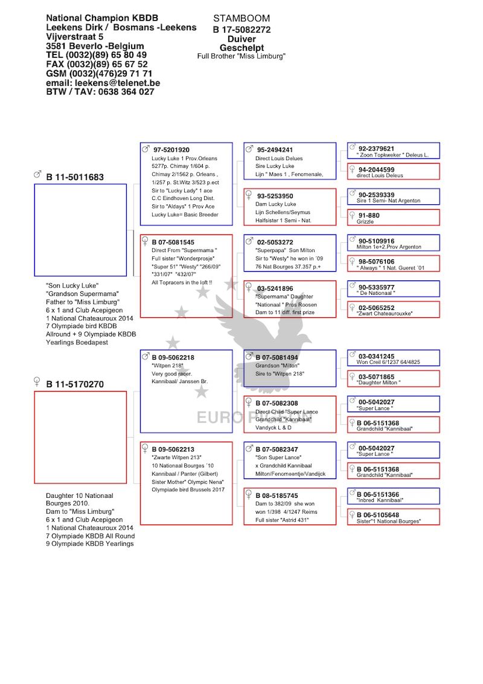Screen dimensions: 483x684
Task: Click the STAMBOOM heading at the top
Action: (241, 18)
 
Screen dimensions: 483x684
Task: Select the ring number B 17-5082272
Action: (241, 30)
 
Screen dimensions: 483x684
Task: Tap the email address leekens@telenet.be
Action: (117, 83)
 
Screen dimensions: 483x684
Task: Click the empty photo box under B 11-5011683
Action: (81, 230)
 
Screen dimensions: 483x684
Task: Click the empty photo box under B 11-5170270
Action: (81, 437)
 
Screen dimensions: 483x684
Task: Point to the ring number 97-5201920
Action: (171, 150)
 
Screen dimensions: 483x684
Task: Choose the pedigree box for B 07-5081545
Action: (186, 276)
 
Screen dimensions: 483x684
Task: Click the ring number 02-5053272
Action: (275, 242)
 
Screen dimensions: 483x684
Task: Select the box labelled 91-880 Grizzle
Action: (394, 218)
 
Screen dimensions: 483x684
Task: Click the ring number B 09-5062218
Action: (173, 357)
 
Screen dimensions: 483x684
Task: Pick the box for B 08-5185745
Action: (290, 506)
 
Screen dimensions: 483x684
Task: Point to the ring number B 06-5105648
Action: (378, 515)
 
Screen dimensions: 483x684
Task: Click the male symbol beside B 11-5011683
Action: (37, 175)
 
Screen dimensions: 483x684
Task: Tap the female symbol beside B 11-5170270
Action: (37, 382)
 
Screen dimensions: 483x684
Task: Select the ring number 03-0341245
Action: (376, 356)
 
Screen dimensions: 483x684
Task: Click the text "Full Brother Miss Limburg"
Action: (241, 56)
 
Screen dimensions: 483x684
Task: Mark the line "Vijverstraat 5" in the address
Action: (74, 37)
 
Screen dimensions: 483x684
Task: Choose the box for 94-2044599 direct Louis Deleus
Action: (394, 172)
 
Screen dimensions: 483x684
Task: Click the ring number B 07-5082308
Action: (277, 403)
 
